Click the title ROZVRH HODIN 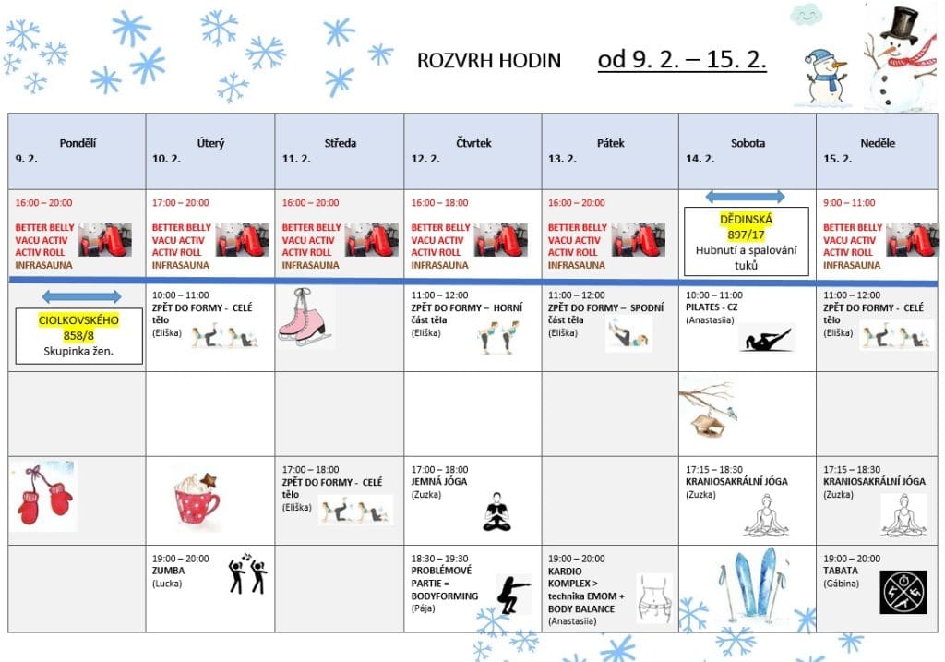pos(489,61)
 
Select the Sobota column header pos(748,143)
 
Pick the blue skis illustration pos(748,584)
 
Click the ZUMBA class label pos(169,571)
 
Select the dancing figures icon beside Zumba pos(247,573)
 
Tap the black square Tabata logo pos(902,592)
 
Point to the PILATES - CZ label pos(712,307)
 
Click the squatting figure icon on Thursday pos(513,594)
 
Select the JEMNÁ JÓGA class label pos(439,481)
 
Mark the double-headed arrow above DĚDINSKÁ pos(745,196)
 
